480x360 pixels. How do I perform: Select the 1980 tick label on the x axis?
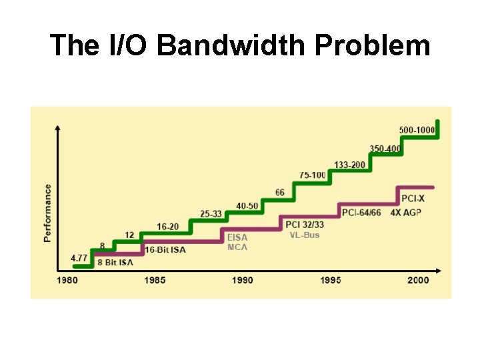pyautogui.click(x=67, y=280)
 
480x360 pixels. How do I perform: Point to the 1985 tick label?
pyautogui.click(x=155, y=280)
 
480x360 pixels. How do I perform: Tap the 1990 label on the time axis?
pyautogui.click(x=243, y=280)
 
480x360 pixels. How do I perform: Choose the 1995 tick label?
pyautogui.click(x=330, y=280)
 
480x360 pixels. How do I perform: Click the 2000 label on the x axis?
pyautogui.click(x=418, y=280)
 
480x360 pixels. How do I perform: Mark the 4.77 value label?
pyautogui.click(x=79, y=257)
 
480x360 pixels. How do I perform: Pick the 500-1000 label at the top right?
pyautogui.click(x=417, y=130)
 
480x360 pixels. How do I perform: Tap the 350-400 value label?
pyautogui.click(x=385, y=149)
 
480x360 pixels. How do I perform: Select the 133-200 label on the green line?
pyautogui.click(x=350, y=165)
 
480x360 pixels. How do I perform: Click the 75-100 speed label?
pyautogui.click(x=313, y=175)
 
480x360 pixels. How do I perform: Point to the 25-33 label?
pyautogui.click(x=211, y=214)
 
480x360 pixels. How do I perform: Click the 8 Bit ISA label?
pyautogui.click(x=115, y=262)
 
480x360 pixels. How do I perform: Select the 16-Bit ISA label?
pyautogui.click(x=165, y=250)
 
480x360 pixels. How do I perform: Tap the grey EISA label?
pyautogui.click(x=237, y=237)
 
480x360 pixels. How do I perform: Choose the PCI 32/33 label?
pyautogui.click(x=305, y=225)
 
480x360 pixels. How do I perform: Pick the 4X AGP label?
pyautogui.click(x=406, y=213)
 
